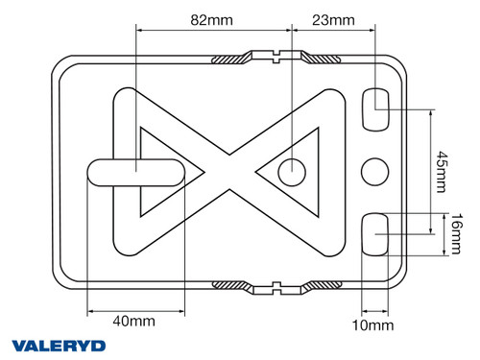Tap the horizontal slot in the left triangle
click(136, 172)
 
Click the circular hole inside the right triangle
click(292, 172)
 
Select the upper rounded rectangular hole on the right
click(375, 109)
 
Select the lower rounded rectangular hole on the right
click(375, 233)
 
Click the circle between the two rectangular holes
click(375, 172)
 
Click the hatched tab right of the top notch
click(322, 60)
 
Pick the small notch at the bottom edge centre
click(276, 287)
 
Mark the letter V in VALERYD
click(19, 345)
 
